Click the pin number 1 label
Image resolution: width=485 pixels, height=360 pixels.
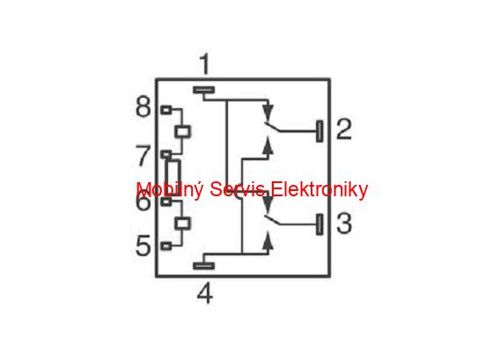coord(205,64)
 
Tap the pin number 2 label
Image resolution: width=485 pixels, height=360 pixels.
coord(344,129)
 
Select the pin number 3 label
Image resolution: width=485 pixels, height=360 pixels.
coord(344,224)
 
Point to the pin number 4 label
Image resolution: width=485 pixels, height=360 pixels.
coord(205,293)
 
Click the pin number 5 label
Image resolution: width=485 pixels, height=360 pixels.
coord(143,246)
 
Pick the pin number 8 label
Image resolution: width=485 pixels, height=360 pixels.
coord(143,107)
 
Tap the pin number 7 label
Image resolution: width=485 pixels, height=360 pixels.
coord(143,156)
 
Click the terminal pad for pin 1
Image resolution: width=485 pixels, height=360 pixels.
coord(204,90)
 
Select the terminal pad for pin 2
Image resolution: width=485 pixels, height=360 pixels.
coord(320,131)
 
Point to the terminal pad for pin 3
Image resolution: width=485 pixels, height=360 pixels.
coord(320,224)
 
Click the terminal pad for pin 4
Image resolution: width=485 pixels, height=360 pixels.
coord(204,266)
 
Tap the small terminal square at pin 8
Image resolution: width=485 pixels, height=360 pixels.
coord(166,110)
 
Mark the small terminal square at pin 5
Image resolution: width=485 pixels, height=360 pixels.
coord(166,246)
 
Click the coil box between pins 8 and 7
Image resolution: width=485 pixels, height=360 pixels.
coord(182,132)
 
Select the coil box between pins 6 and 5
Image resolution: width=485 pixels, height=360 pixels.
coord(182,224)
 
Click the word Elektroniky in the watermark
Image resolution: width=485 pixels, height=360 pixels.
coord(320,189)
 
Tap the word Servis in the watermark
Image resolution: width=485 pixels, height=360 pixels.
coord(237,189)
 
